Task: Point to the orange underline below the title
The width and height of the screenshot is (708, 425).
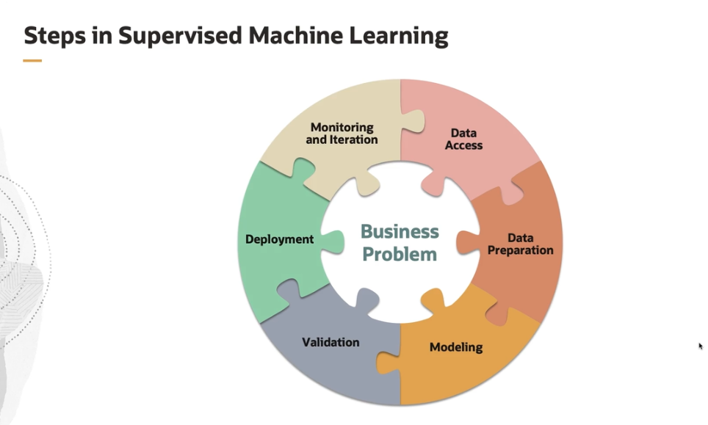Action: (x=32, y=61)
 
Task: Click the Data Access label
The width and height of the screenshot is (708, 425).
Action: (x=463, y=139)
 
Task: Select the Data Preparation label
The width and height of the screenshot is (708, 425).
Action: (x=520, y=244)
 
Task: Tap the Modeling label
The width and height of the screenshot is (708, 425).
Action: (x=456, y=347)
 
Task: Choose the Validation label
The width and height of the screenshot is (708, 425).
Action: (x=330, y=342)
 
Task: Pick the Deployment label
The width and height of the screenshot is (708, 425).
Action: (x=279, y=239)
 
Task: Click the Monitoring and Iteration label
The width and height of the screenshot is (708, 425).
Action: (x=342, y=134)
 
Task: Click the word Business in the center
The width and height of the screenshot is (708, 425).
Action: (x=400, y=232)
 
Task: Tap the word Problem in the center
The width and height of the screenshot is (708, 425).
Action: (x=400, y=255)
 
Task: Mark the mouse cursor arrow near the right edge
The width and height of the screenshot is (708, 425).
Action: (x=701, y=346)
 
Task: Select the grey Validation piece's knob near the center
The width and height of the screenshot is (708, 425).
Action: (x=365, y=298)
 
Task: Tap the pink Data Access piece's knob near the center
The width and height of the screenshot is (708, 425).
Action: (x=433, y=186)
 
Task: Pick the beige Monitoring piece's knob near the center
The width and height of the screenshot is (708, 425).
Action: (x=366, y=185)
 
